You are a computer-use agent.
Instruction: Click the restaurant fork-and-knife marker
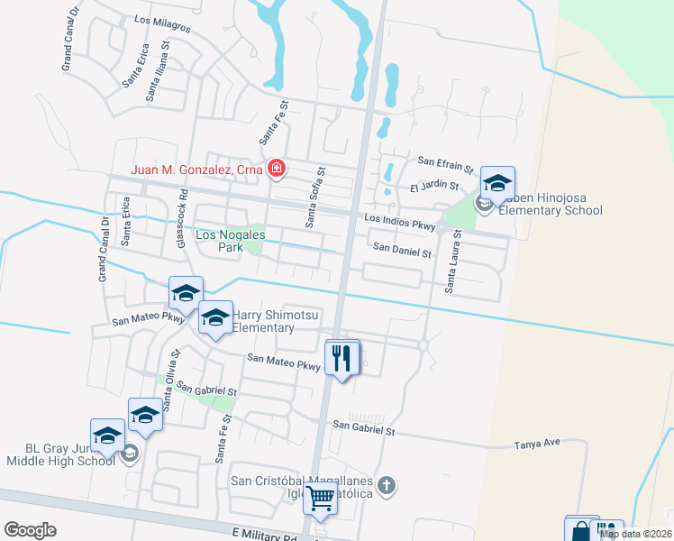[x=341, y=358]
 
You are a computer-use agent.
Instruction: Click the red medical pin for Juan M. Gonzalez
[x=277, y=169]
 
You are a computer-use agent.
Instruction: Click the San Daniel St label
[x=402, y=252]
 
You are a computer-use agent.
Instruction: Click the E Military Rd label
[x=264, y=535]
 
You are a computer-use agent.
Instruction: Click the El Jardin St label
[x=434, y=188]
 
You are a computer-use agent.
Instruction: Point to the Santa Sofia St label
[x=315, y=196]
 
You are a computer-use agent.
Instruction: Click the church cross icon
[x=387, y=486]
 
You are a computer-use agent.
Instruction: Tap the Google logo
[x=31, y=530]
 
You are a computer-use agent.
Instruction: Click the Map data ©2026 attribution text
[x=635, y=534]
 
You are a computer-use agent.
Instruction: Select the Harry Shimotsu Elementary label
[x=276, y=322]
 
